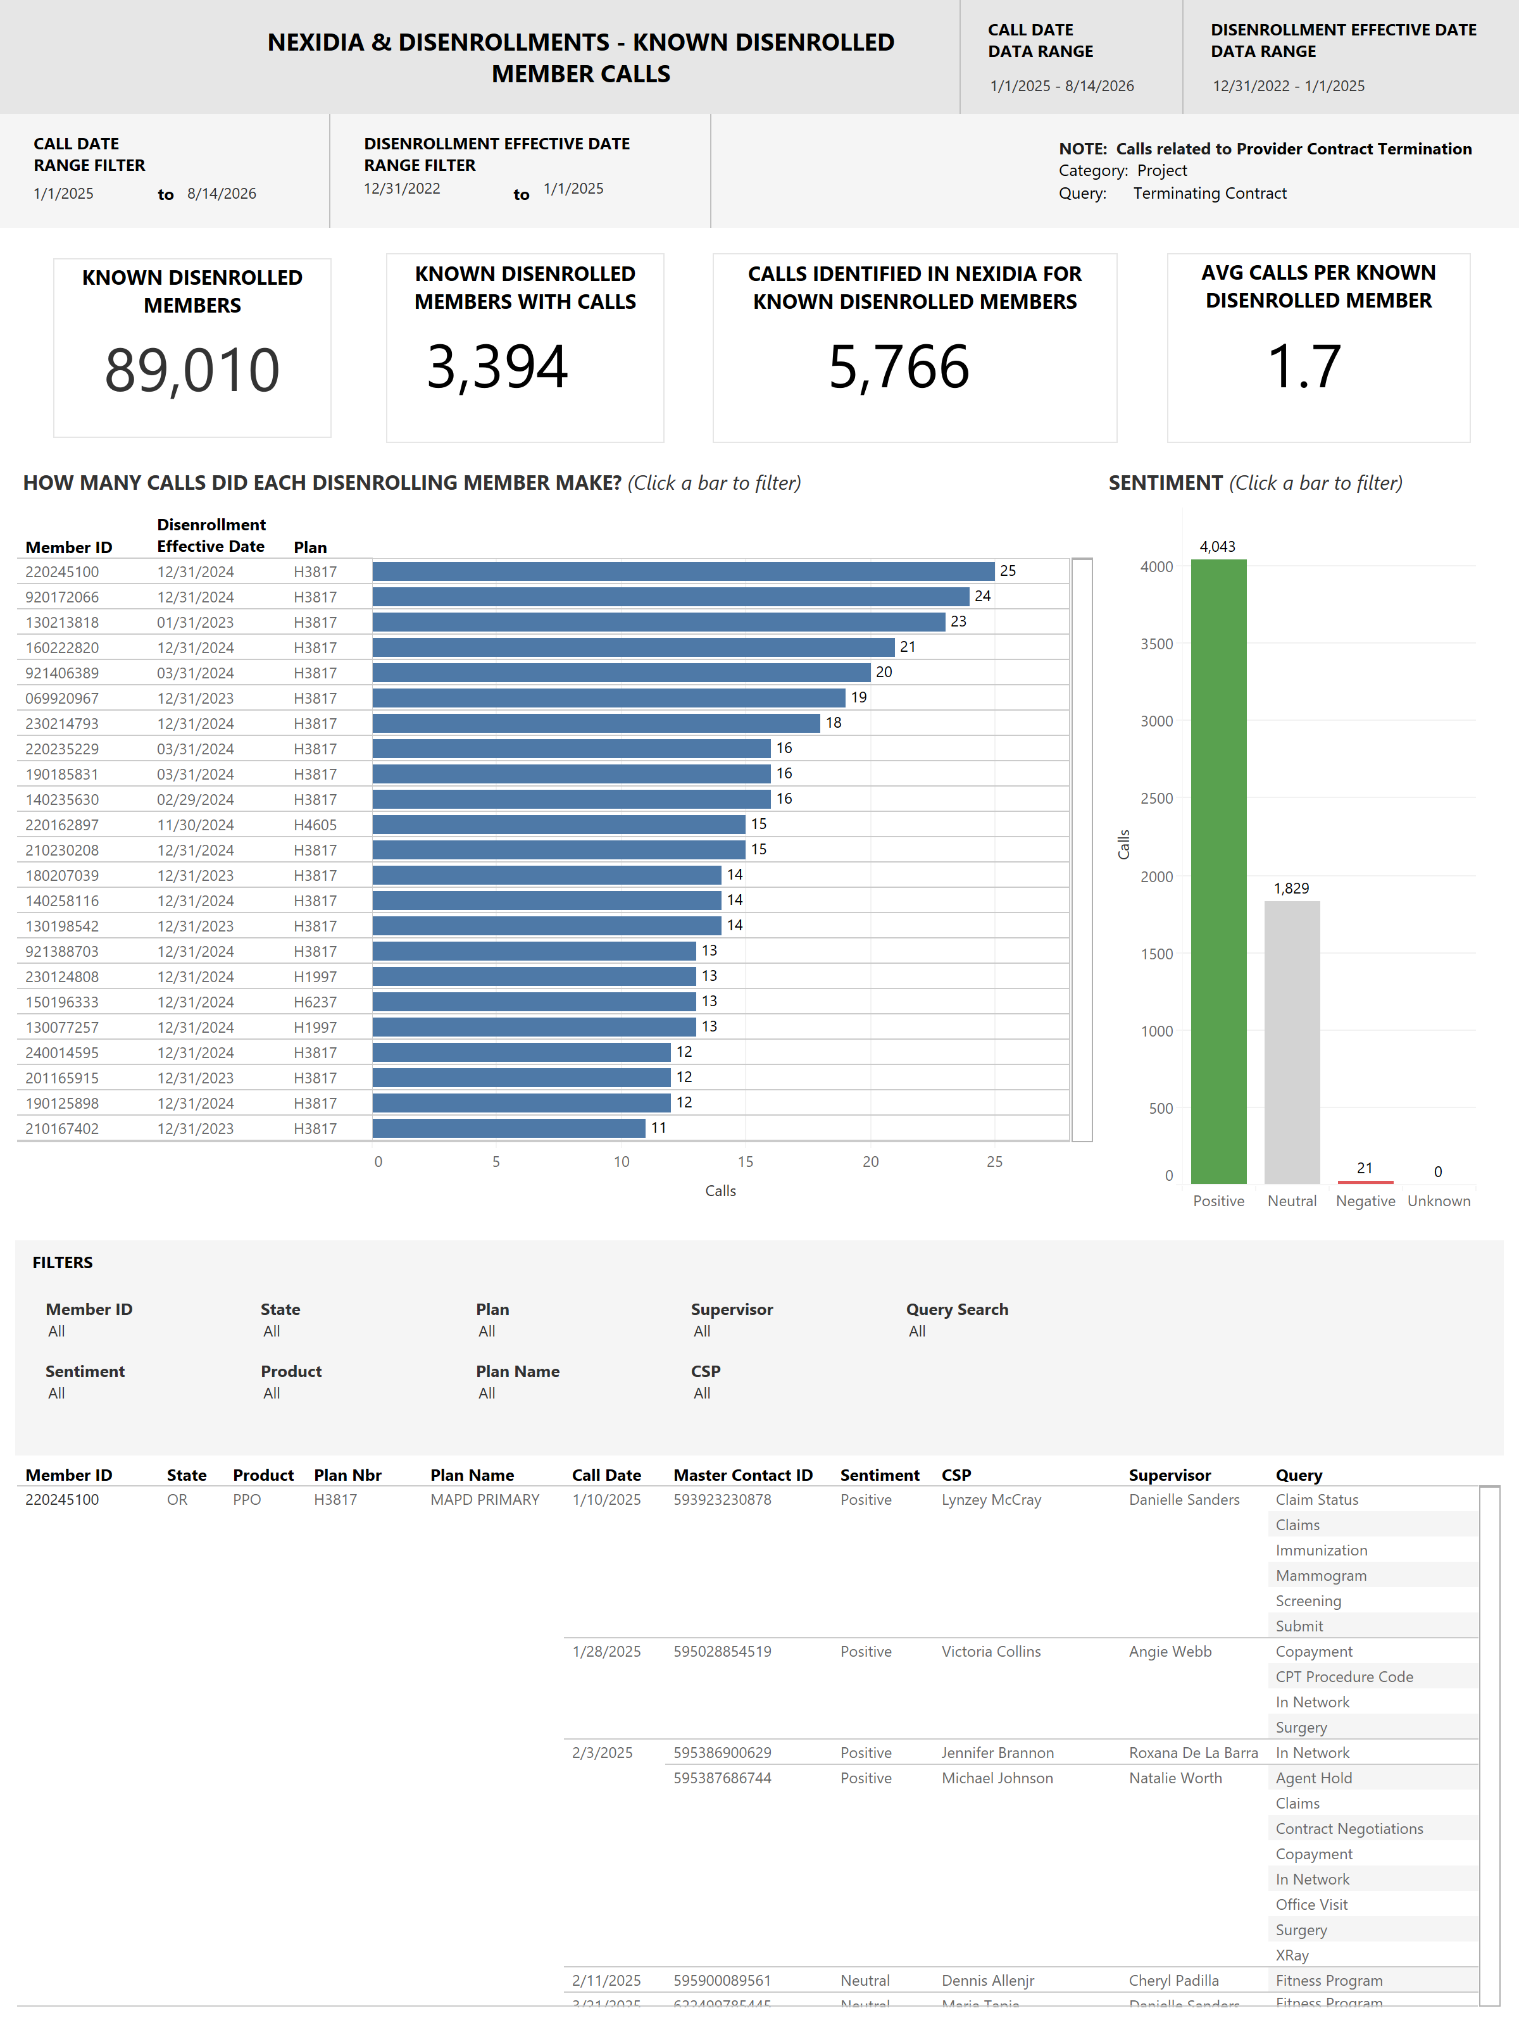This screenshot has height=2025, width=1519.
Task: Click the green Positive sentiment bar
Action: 1218,871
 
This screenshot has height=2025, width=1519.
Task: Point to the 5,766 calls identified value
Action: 899,367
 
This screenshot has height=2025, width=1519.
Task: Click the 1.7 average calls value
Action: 1304,366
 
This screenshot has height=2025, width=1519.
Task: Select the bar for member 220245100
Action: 683,571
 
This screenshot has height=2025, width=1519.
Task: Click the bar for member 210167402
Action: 509,1128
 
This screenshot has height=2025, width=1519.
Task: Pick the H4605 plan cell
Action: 315,825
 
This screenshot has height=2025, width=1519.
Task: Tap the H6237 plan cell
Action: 315,1002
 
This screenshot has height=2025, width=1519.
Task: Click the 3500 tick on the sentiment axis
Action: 1156,644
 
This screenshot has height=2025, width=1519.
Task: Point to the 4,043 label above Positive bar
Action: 1217,547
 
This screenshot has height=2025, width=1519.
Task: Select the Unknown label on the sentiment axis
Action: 1439,1200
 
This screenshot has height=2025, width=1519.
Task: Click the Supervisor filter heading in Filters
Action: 732,1309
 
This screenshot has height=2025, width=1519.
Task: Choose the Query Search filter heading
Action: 957,1309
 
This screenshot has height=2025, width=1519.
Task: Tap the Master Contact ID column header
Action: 742,1475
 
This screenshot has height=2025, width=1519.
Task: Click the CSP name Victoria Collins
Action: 991,1652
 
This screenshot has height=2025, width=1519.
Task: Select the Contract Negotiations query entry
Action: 1349,1828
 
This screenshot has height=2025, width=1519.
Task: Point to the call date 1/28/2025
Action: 606,1652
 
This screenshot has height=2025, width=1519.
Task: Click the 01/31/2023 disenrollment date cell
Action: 195,623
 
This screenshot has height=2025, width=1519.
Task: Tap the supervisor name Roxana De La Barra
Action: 1193,1752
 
